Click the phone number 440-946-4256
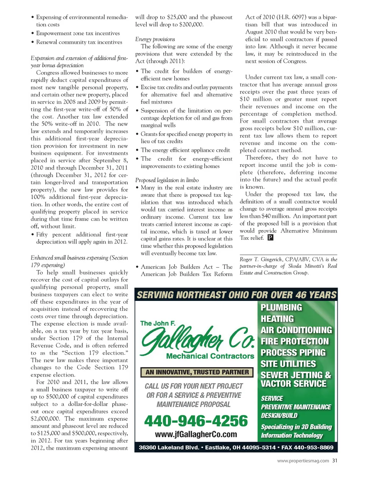196,421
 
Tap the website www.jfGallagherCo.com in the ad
196,434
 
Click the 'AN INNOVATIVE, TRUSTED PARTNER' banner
197,372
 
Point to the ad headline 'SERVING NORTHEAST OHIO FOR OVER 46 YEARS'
236,295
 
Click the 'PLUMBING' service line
281,307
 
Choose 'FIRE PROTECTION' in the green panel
294,341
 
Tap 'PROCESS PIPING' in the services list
293,352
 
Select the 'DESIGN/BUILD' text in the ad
279,415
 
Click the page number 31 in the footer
335,461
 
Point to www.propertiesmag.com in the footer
303,461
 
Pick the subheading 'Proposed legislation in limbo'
167,180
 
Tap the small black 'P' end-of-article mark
270,238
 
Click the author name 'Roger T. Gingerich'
261,259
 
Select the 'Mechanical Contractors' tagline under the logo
210,356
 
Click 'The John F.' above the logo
158,323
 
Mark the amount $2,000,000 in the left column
45,418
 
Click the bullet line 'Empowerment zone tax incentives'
78,33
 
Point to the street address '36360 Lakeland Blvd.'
169,447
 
